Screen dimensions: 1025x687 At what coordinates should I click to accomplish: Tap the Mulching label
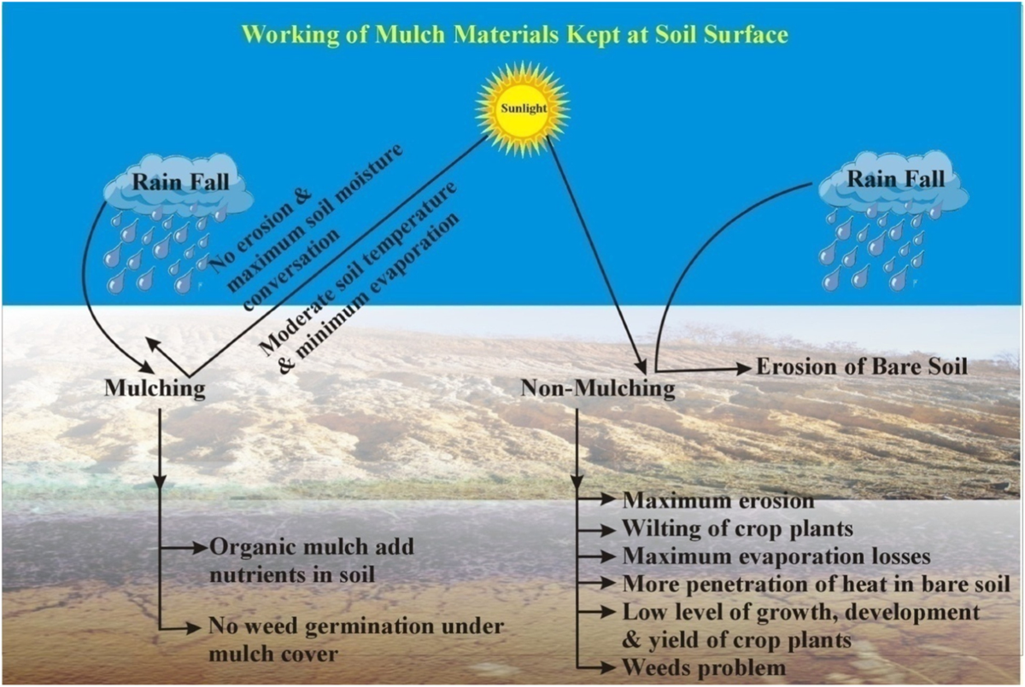tap(155, 388)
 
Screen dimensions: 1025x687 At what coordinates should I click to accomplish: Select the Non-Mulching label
tap(598, 388)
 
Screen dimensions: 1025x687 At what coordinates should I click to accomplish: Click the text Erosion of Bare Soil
tap(861, 368)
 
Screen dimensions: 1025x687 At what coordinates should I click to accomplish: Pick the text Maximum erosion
tap(718, 500)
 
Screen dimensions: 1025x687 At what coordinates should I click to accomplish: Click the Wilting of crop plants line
tap(737, 527)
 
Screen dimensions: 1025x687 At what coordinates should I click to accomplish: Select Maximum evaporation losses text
tap(776, 556)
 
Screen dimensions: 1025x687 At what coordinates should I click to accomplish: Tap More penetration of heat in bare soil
tap(816, 584)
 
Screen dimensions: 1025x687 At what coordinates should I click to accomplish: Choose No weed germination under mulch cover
tap(355, 640)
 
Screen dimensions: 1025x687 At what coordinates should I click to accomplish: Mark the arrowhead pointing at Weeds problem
tap(611, 667)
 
